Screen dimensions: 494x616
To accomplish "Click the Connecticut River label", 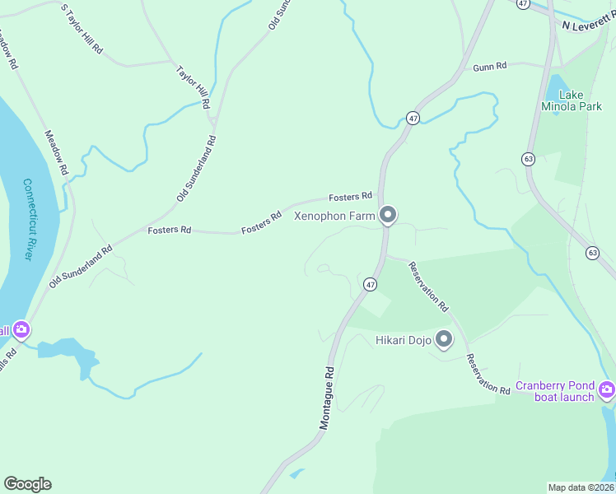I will (x=27, y=220).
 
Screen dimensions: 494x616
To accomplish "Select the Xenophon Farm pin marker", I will (x=389, y=217).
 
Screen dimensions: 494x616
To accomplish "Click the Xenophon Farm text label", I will (x=335, y=217).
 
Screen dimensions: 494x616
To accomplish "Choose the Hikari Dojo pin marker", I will (x=445, y=339).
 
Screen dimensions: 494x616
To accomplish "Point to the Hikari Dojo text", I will (x=403, y=339).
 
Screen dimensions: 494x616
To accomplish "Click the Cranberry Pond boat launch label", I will (x=555, y=391).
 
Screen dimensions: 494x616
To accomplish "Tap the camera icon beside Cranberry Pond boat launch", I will (x=607, y=389).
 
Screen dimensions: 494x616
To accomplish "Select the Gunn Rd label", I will (x=489, y=66).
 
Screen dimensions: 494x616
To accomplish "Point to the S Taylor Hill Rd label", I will (x=82, y=28).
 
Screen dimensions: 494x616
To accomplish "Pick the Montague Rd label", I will (x=327, y=398).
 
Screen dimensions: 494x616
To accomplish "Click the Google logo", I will (x=27, y=484).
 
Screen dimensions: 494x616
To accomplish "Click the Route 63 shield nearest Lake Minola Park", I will (x=528, y=158).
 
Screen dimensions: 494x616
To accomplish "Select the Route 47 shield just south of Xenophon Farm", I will (x=371, y=284).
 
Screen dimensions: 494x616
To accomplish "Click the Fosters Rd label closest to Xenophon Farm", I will (x=351, y=197).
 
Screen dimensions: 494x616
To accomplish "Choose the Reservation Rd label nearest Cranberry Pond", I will (x=488, y=373).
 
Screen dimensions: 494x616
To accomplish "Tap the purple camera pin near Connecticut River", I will (x=21, y=330).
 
